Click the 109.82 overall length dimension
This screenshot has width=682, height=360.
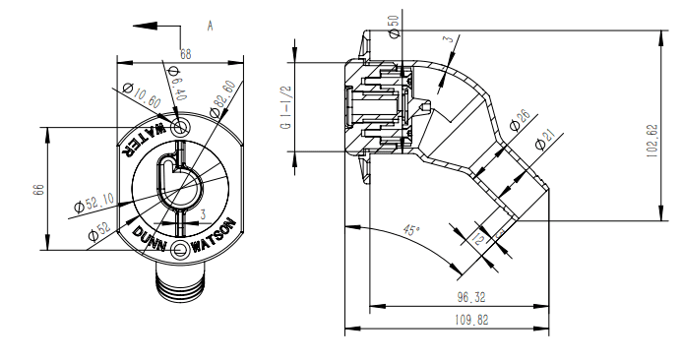[x=471, y=321]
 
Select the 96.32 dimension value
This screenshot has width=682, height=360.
[x=471, y=298]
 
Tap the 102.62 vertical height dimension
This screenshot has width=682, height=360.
[x=652, y=141]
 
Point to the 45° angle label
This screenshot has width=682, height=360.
[x=411, y=230]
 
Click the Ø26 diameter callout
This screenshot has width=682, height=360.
[x=520, y=121]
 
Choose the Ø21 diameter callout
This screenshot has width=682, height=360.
[x=546, y=140]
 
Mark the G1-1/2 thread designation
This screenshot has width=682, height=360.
[x=285, y=107]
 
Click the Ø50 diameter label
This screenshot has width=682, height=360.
[x=394, y=27]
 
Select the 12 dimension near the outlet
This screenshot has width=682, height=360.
[x=477, y=238]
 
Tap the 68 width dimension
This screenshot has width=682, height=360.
[x=186, y=54]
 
